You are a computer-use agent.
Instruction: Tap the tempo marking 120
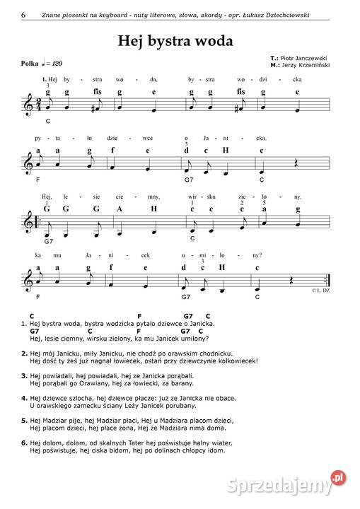pyautogui.click(x=57, y=64)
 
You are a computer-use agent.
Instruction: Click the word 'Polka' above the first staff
pyautogui.click(x=30, y=64)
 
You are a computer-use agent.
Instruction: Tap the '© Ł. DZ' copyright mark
pyautogui.click(x=323, y=291)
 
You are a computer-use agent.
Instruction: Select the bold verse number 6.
pyautogui.click(x=24, y=443)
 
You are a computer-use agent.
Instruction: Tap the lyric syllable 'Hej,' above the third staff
pyautogui.click(x=47, y=197)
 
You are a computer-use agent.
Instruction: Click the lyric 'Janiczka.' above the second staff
pyautogui.click(x=238, y=138)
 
